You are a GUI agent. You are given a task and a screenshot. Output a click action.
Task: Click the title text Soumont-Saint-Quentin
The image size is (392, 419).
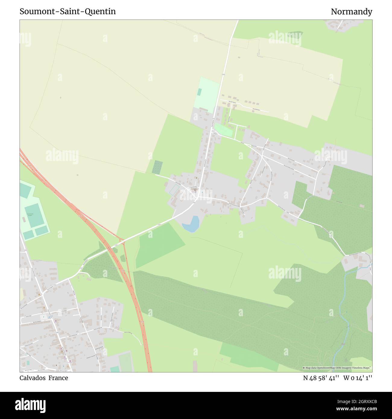pos(68,11)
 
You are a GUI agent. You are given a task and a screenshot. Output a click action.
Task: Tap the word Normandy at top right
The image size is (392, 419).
pos(351,12)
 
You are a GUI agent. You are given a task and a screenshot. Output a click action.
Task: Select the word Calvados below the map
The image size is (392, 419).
pos(32,378)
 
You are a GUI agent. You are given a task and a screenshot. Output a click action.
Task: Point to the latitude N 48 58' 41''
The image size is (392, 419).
pos(321,378)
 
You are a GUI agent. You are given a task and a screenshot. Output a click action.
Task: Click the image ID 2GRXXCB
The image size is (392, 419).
pos(361,402)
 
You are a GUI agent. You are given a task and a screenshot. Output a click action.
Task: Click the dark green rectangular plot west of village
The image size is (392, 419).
pos(157,167)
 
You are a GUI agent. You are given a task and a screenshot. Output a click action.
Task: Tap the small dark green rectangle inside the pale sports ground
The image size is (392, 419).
pos(199,92)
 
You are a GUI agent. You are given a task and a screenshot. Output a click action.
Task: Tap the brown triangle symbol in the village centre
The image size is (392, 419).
pos(197,178)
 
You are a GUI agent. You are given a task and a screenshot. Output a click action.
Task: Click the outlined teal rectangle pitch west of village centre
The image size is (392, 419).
pos(174,189)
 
